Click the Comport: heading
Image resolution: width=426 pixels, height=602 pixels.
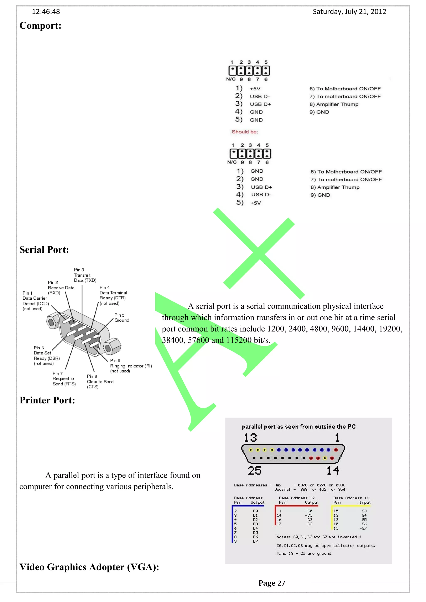point(40,26)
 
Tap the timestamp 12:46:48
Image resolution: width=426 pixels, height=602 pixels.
point(46,12)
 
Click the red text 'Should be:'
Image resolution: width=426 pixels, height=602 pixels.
point(245,132)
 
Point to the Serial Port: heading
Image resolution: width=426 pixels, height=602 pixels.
point(44,250)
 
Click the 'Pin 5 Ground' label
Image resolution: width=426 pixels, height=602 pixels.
point(121,318)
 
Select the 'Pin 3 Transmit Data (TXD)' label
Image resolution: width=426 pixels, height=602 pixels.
point(85,275)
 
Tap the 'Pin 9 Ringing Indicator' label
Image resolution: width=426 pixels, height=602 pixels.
point(130,366)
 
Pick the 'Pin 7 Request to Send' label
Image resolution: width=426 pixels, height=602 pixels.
point(64,379)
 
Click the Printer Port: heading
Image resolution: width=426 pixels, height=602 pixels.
point(47,400)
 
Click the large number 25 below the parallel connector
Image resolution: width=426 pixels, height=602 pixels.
point(255,471)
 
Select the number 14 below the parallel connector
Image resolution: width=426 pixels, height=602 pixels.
point(333,471)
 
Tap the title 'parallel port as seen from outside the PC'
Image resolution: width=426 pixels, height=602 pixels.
point(298,427)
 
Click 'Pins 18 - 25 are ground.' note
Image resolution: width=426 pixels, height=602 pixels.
point(305,553)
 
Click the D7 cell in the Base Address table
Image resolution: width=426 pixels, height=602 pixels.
point(255,541)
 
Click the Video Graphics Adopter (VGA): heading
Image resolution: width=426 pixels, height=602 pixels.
point(89,567)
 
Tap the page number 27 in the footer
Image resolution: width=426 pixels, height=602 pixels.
point(281,583)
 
